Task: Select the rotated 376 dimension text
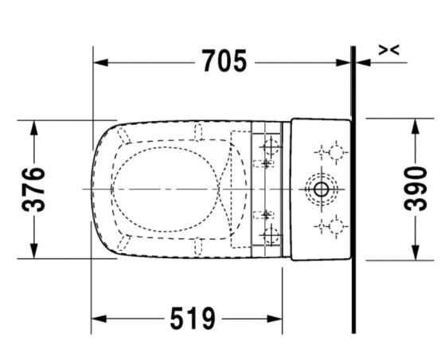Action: coord(33,190)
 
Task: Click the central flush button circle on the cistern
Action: coord(321,190)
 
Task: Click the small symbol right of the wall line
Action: coord(388,50)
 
